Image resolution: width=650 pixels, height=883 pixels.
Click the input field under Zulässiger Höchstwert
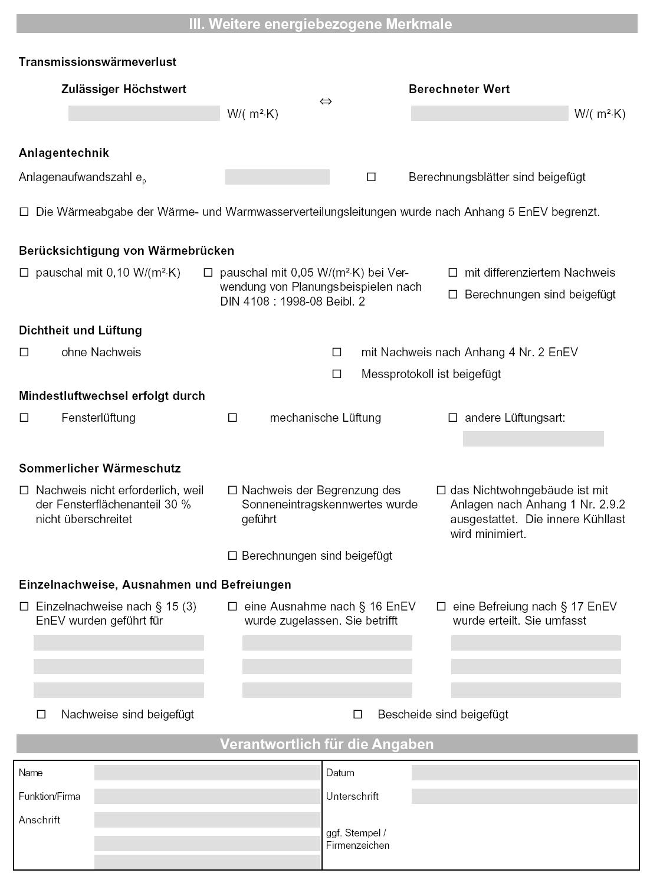tap(144, 113)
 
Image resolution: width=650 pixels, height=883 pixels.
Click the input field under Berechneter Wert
tap(489, 113)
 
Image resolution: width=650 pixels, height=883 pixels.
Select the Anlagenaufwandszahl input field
tap(277, 177)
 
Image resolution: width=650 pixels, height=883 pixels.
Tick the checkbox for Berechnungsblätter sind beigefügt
tap(371, 177)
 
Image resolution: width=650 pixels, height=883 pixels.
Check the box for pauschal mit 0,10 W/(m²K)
tap(24, 273)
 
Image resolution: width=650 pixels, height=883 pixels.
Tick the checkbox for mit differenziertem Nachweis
tap(453, 273)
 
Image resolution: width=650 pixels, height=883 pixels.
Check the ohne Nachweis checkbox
tap(24, 352)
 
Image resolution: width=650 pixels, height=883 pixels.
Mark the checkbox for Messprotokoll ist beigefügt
tap(337, 374)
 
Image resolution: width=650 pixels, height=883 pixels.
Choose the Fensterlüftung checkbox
tap(24, 418)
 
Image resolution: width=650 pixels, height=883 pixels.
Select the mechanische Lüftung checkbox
tap(232, 418)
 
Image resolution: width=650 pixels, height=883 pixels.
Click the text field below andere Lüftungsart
tap(533, 439)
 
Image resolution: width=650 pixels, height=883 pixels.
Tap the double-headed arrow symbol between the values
tap(326, 101)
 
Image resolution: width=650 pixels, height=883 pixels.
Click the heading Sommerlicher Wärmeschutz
tap(100, 468)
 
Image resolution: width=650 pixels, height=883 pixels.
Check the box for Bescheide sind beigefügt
tap(357, 714)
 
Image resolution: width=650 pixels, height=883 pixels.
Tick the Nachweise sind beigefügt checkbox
tap(41, 714)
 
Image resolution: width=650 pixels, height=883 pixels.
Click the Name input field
tap(207, 773)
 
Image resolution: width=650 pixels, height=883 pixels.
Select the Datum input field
tap(524, 773)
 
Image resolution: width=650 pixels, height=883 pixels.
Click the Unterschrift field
tap(524, 796)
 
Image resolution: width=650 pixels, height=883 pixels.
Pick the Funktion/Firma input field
tap(207, 796)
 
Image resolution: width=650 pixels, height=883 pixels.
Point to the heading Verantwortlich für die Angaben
tap(327, 744)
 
